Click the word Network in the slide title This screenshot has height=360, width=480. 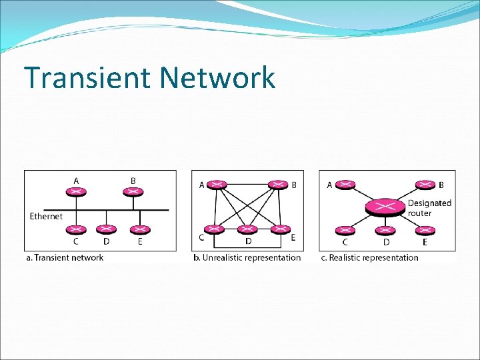pos(217,78)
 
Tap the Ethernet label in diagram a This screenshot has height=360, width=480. pos(46,216)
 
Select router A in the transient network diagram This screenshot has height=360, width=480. pos(77,192)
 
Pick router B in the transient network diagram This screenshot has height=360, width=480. pos(133,192)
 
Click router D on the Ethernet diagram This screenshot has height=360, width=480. pos(107,230)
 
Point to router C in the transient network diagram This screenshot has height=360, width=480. pos(77,230)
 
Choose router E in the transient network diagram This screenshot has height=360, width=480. pos(139,230)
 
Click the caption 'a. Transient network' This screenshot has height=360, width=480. pos(65,257)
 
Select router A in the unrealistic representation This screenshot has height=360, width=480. pos(218,185)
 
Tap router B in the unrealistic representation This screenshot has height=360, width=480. pos(278,185)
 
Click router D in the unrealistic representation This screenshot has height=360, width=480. pos(248,230)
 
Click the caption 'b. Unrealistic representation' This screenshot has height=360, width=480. pos(247,257)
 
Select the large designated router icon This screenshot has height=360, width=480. pos(385,207)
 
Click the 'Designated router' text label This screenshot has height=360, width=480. pos(429,208)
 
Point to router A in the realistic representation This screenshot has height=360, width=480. pos(345,185)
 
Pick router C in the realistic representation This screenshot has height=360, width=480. pos(345,231)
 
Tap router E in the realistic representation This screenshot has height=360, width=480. pos(424,231)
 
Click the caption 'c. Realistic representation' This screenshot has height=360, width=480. pos(370,257)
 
